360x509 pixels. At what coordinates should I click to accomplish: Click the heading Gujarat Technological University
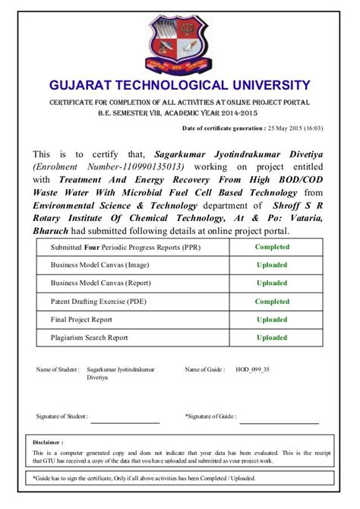point(179,85)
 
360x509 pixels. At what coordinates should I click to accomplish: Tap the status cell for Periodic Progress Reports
point(272,247)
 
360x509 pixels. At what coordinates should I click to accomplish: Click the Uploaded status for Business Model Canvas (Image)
point(272,265)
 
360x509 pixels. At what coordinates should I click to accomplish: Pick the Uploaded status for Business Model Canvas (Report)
point(272,283)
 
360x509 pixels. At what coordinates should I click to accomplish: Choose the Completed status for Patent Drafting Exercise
point(272,302)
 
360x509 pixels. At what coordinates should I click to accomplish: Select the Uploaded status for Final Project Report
point(272,320)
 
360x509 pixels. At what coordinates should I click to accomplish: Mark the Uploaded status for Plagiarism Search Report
point(272,337)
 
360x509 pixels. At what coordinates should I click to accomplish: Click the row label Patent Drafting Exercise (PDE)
point(98,302)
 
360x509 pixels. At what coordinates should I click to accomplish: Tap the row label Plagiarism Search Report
point(89,337)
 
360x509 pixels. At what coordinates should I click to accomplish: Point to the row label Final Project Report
point(81,320)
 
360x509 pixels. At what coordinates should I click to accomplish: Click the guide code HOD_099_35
point(252,369)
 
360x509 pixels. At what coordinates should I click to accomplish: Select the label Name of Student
point(57,369)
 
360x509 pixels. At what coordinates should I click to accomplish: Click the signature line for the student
point(125,422)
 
